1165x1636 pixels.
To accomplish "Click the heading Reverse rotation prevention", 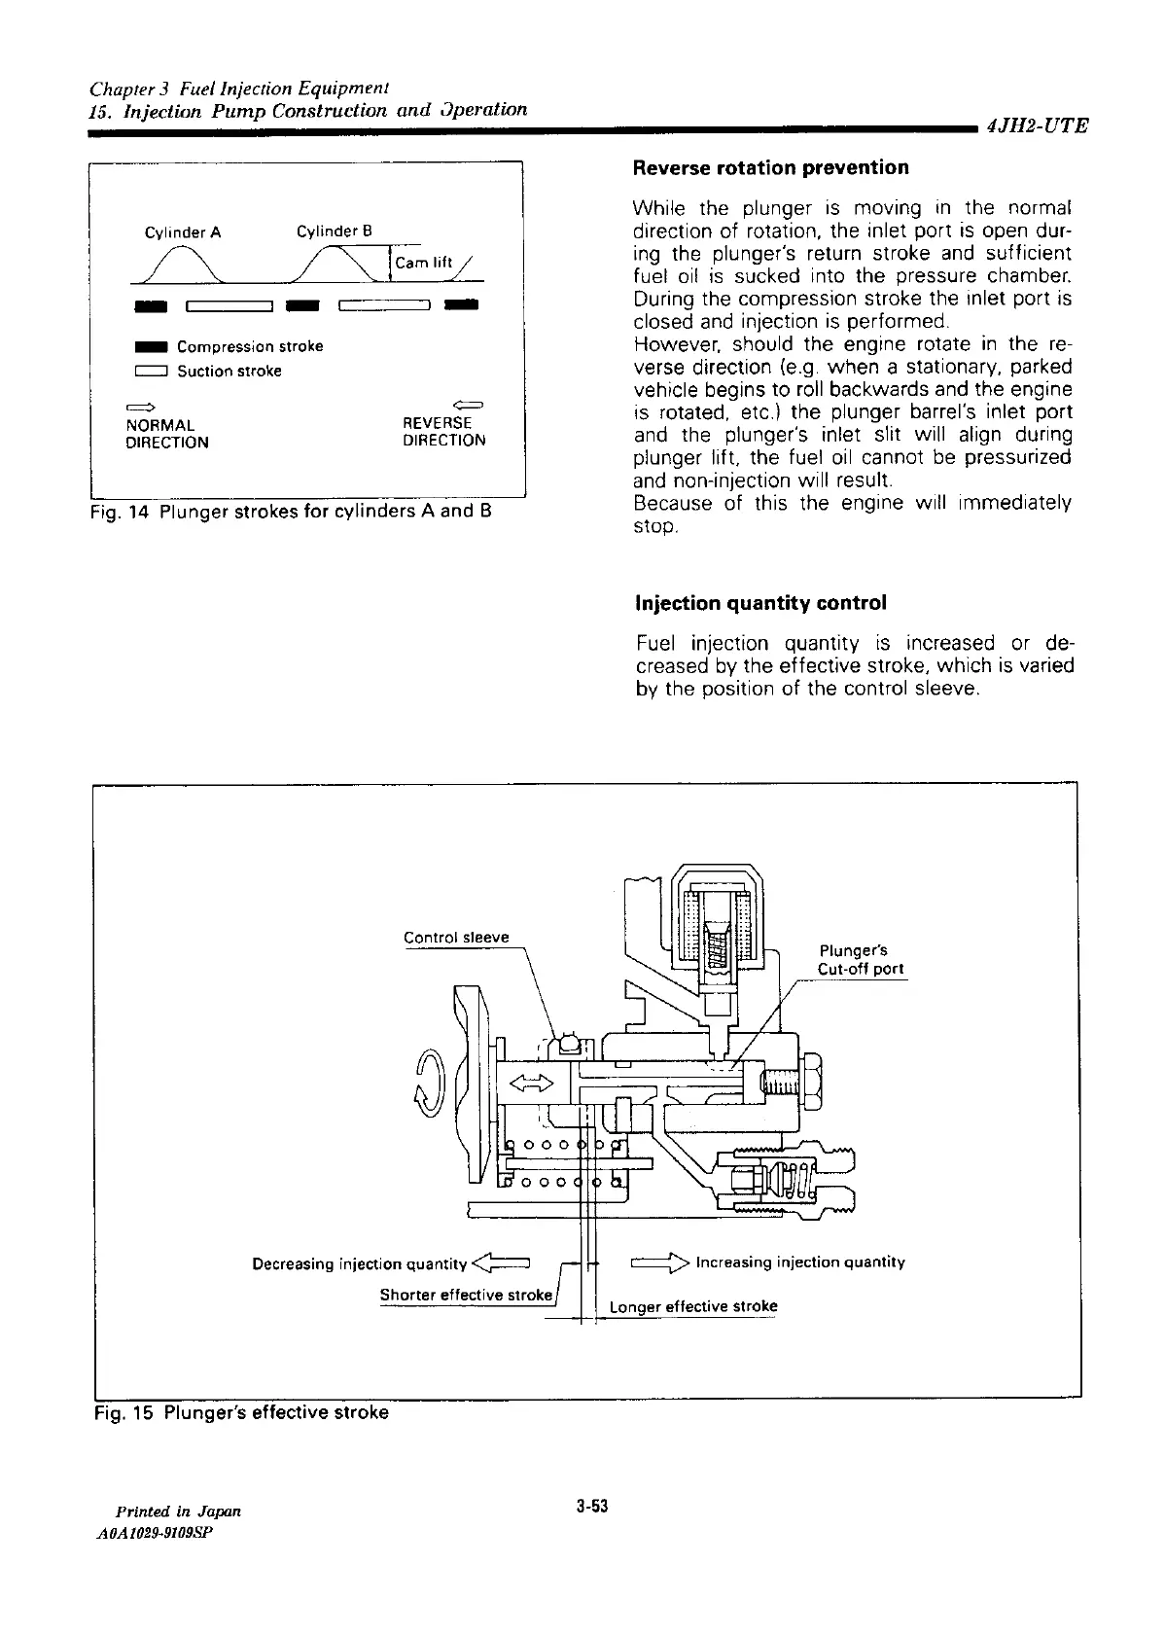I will click(x=770, y=168).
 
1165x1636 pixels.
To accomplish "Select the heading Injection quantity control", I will click(x=759, y=603).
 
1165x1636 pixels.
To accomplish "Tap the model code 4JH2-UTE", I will click(x=1037, y=125).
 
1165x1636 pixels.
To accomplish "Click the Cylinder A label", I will click(x=183, y=232).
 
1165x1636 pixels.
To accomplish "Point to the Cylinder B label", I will click(x=335, y=231).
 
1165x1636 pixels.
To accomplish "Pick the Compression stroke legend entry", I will click(x=229, y=346).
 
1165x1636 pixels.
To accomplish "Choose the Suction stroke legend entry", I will click(x=208, y=371).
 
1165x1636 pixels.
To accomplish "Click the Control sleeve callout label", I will click(x=456, y=938).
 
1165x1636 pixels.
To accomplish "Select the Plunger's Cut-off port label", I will click(x=860, y=960).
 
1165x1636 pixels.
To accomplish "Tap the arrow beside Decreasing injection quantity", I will click(x=500, y=1263).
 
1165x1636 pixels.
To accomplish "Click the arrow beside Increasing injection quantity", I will click(x=660, y=1263).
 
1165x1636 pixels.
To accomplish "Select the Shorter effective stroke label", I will click(x=466, y=1296).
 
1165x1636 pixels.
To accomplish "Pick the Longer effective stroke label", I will click(x=693, y=1306).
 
